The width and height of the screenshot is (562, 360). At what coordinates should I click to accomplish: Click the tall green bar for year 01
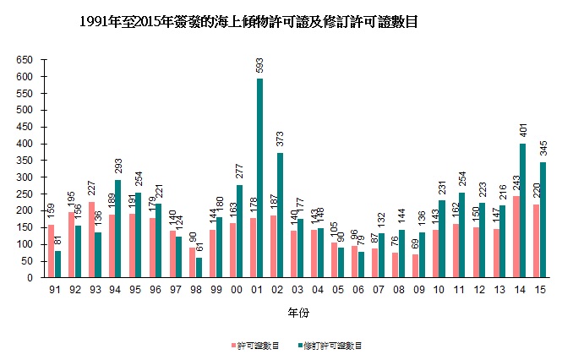click(x=259, y=178)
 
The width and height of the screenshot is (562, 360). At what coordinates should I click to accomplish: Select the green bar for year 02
click(x=280, y=215)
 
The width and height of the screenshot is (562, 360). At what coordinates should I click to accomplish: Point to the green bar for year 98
click(x=199, y=267)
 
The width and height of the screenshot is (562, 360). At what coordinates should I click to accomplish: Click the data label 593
click(x=259, y=67)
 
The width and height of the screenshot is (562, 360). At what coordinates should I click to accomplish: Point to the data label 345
click(x=543, y=150)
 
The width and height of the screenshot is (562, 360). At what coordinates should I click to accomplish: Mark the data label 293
click(x=118, y=167)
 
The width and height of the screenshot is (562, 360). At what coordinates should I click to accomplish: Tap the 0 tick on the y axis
click(x=30, y=278)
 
